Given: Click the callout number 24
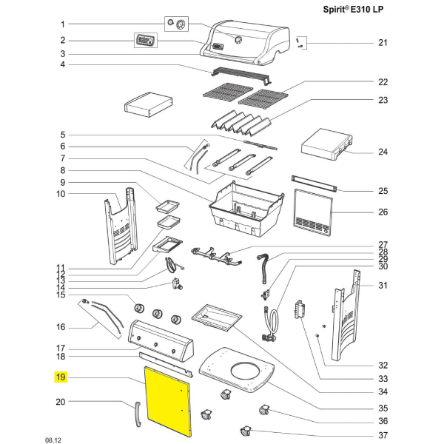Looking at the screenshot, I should coord(383,153).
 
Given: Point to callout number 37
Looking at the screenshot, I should coord(383,434).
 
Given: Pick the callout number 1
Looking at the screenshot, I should coord(62,24).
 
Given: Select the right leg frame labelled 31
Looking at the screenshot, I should coord(349,311).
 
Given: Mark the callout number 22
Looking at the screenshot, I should coord(383,82).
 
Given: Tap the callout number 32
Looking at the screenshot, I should coord(383,365).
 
